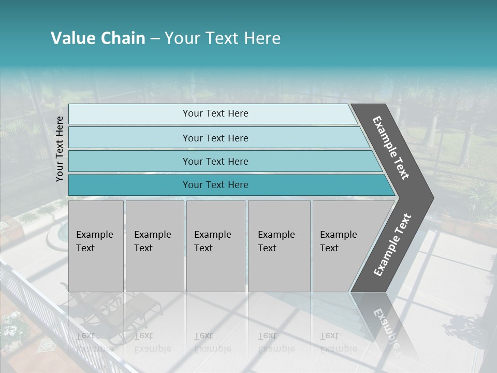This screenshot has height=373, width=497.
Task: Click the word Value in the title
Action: (x=72, y=38)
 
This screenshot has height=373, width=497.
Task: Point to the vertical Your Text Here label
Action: (x=60, y=149)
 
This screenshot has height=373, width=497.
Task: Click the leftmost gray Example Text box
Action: (x=96, y=246)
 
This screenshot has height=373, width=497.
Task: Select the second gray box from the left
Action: (x=154, y=246)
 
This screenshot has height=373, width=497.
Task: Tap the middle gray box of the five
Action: (x=215, y=246)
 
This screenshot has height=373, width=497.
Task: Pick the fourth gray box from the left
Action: (x=279, y=246)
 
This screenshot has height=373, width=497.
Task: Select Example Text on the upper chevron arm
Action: (x=391, y=148)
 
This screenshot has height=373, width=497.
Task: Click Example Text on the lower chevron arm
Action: (x=392, y=245)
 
